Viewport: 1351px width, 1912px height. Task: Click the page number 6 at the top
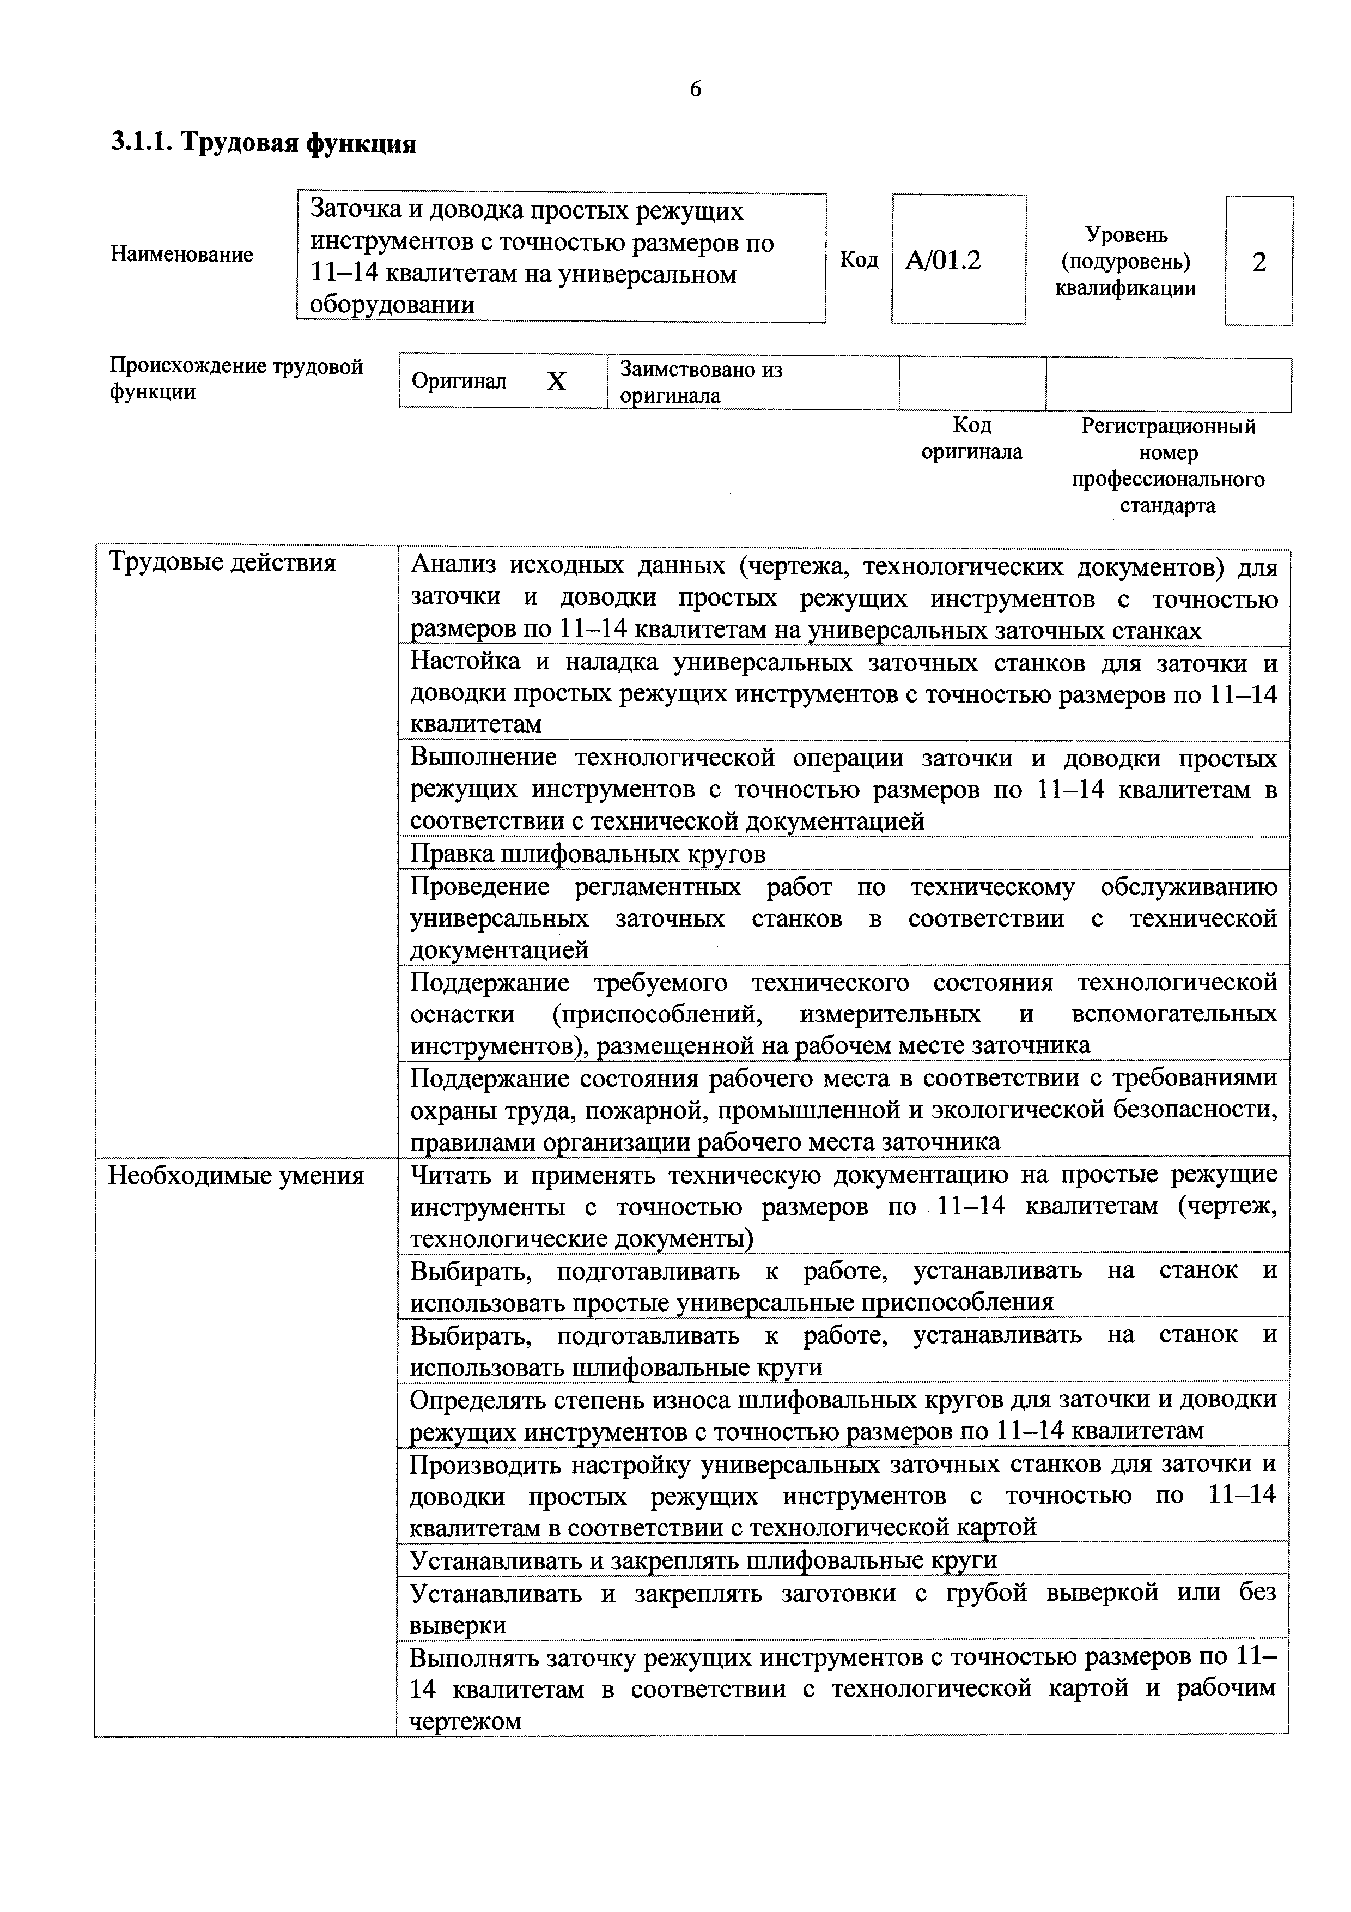[x=695, y=88]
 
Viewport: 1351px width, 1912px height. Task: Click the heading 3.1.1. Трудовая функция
[x=263, y=143]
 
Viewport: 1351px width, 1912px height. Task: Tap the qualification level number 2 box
[x=1258, y=262]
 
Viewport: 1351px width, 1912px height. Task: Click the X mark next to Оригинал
[x=556, y=382]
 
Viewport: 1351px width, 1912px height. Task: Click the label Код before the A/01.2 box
[x=858, y=261]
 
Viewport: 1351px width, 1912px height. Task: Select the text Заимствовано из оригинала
[x=701, y=382]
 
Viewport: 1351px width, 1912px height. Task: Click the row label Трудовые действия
[x=223, y=563]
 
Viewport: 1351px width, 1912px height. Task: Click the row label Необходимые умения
[x=236, y=1176]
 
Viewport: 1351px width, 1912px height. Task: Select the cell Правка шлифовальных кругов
[x=588, y=854]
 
